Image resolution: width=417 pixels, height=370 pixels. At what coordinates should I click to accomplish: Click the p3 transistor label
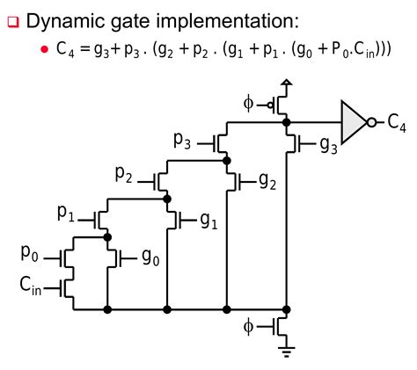click(183, 139)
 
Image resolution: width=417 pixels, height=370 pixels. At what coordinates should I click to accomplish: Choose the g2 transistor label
click(268, 182)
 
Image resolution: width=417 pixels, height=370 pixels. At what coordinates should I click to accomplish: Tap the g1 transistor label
click(208, 220)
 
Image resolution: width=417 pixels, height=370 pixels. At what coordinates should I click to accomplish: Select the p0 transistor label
click(31, 254)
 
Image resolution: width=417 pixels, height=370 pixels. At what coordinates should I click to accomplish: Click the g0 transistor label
click(150, 257)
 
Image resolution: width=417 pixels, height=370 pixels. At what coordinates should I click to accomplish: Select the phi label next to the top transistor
click(247, 105)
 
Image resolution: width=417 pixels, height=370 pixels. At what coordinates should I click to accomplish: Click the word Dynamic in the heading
click(68, 19)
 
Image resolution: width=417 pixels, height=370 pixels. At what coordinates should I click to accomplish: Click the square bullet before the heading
click(11, 19)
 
